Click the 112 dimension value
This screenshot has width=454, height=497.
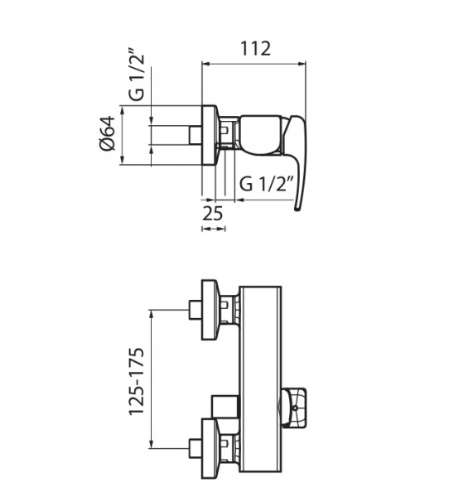[x=255, y=49]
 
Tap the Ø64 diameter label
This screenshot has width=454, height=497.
[x=107, y=133]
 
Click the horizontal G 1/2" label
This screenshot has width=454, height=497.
[x=265, y=184]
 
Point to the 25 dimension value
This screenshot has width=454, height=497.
[x=213, y=214]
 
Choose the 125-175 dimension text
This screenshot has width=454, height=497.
[x=137, y=381]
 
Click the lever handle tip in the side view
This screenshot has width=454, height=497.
[x=297, y=208]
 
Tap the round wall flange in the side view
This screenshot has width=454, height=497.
[x=210, y=135]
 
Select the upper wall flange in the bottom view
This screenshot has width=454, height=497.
[x=210, y=310]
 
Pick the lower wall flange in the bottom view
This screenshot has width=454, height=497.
[x=210, y=449]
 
